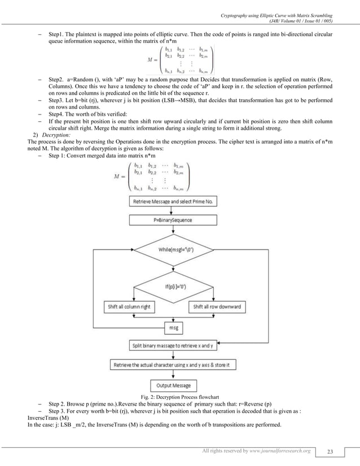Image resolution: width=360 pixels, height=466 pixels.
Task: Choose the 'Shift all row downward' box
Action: (217, 307)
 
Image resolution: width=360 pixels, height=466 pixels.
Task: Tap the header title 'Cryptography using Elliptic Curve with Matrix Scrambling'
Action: (275, 6)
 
